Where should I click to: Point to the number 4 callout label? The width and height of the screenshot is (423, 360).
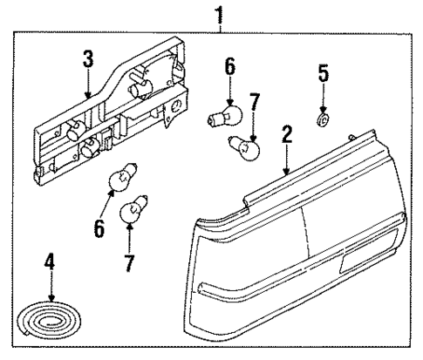click(49, 259)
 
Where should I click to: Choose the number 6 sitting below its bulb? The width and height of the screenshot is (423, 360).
click(99, 228)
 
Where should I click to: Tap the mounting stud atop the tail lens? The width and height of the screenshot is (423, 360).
click(349, 136)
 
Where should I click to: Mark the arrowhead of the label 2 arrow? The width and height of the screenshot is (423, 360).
click(286, 175)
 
